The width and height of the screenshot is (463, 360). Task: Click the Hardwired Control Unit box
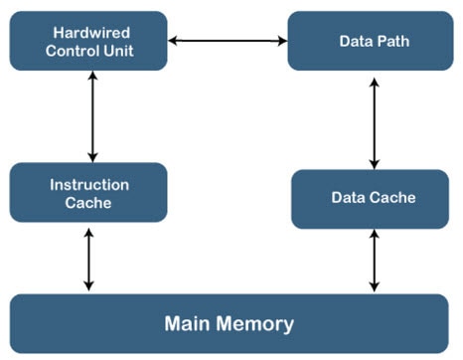click(88, 41)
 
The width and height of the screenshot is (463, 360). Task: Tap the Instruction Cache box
click(88, 192)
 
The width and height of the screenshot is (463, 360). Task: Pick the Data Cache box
click(374, 198)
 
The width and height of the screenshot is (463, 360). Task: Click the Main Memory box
click(229, 324)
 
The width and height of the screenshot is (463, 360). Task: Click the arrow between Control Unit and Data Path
click(228, 41)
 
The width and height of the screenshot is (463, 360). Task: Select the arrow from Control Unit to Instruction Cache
click(92, 116)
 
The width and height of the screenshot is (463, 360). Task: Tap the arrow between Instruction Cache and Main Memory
click(88, 258)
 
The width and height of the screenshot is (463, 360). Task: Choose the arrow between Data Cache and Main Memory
click(375, 261)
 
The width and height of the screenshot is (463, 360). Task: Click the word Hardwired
click(88, 32)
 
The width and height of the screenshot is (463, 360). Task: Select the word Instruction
click(88, 184)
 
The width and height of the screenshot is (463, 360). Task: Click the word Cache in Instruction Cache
click(88, 203)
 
